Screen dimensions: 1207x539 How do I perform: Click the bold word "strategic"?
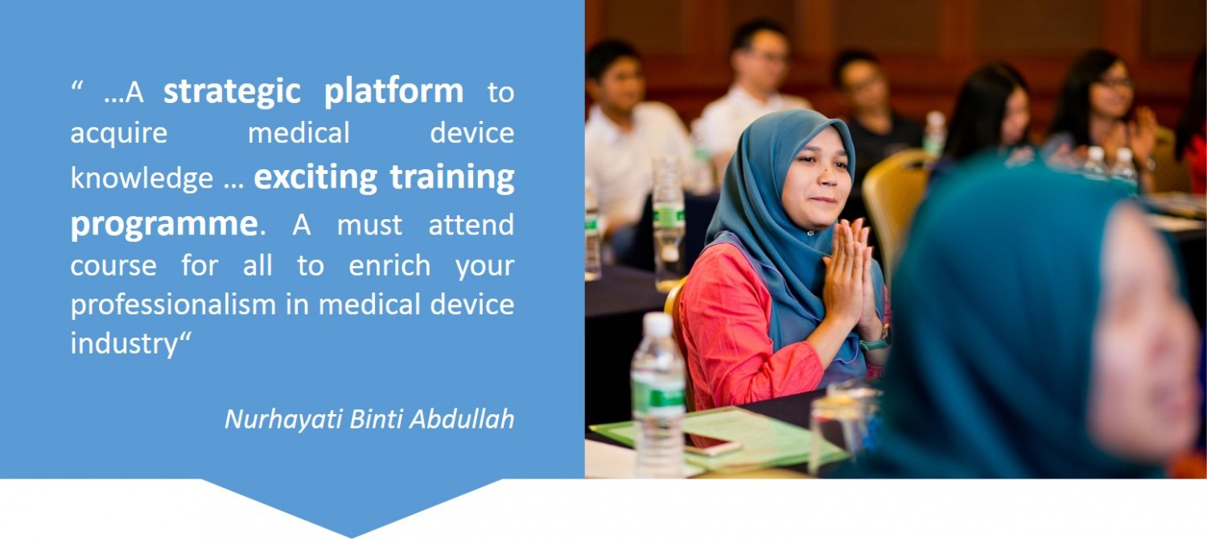tap(232, 92)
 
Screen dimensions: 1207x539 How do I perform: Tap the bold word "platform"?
tap(393, 92)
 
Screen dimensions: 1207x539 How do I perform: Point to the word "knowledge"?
tap(142, 177)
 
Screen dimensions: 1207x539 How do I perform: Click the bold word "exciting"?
tap(315, 178)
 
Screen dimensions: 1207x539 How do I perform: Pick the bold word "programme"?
tap(164, 225)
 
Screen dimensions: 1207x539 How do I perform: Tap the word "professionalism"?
tap(173, 305)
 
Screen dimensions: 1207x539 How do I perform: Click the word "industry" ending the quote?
tap(124, 344)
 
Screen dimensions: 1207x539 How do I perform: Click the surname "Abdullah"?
tap(462, 419)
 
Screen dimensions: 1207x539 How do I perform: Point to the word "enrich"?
tap(389, 265)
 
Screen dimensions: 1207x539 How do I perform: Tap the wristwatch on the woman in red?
tap(875, 340)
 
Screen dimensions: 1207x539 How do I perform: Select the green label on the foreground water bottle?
tap(658, 397)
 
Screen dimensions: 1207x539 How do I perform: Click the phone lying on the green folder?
tap(711, 444)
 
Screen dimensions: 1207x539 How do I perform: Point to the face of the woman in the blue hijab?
tap(818, 178)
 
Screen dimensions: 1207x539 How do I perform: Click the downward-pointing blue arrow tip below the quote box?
tap(352, 537)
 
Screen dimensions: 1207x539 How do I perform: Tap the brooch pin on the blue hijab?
tap(809, 233)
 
